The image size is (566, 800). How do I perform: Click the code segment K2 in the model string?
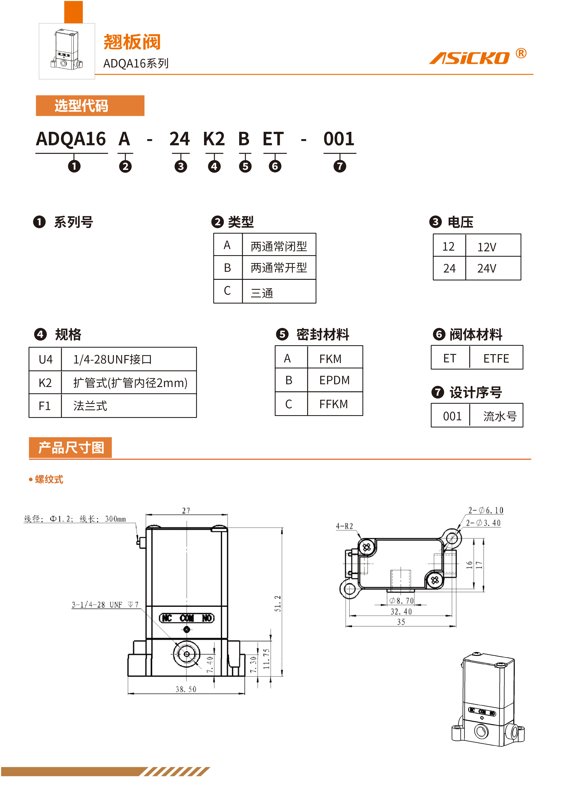pyautogui.click(x=214, y=139)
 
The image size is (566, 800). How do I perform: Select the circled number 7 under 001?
pyautogui.click(x=339, y=166)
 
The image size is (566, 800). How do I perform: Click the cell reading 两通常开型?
pyautogui.click(x=279, y=268)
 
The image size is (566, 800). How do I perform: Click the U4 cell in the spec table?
pyautogui.click(x=45, y=359)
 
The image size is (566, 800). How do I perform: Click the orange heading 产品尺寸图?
pyautogui.click(x=71, y=448)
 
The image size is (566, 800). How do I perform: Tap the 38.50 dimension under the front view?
pyautogui.click(x=186, y=689)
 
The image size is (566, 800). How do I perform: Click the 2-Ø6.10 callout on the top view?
pyautogui.click(x=485, y=510)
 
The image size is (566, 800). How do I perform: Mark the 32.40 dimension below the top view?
pyautogui.click(x=401, y=611)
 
